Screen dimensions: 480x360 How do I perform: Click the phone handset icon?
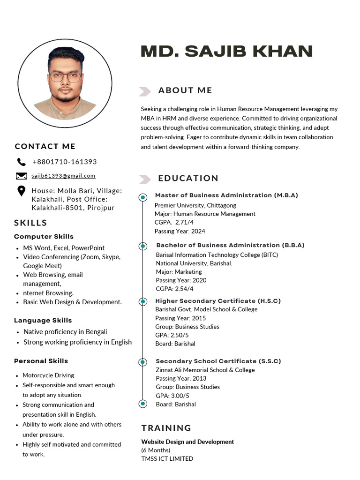coord(21,162)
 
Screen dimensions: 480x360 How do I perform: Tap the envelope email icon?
coord(21,176)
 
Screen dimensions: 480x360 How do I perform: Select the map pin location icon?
coord(21,191)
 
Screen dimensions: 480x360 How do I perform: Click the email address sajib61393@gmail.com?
coord(63,176)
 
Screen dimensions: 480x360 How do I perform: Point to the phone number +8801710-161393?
coord(65,162)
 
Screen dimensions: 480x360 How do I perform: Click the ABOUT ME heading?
coord(185,90)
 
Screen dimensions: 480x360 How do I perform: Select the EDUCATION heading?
coord(188,178)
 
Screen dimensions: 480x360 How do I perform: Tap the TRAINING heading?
coord(166,428)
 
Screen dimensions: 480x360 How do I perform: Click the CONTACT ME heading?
coord(45,147)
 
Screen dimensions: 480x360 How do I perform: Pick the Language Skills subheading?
coord(43,321)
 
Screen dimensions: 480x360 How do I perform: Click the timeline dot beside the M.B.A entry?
coord(143,198)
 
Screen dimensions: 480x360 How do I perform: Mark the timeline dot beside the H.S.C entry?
coord(143,301)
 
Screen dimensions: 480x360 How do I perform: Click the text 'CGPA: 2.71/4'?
coord(174,223)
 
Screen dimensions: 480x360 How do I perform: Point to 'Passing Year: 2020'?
coord(181,280)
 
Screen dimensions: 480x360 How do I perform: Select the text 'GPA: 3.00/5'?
coord(172,396)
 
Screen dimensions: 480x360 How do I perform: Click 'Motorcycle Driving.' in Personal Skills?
coord(49,375)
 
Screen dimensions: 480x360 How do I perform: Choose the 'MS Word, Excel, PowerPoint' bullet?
coord(64,248)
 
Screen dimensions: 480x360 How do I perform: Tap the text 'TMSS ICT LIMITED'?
coord(167,459)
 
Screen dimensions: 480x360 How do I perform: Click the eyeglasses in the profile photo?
coord(65,76)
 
